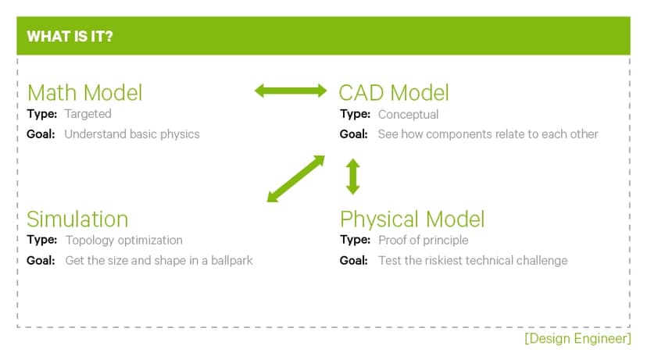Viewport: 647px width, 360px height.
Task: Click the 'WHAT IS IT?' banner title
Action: click(x=70, y=37)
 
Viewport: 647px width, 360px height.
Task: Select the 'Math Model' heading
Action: click(x=84, y=93)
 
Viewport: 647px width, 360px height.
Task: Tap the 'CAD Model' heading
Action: click(x=394, y=93)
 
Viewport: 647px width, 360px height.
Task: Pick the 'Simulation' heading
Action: click(x=77, y=219)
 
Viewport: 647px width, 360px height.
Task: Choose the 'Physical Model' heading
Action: click(x=413, y=219)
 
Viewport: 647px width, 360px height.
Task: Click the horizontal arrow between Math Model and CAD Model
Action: click(x=291, y=91)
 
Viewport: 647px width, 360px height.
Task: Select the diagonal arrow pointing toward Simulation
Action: click(x=295, y=179)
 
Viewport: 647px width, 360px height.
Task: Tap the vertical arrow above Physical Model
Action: click(x=353, y=176)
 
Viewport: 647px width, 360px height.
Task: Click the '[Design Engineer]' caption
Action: click(x=577, y=339)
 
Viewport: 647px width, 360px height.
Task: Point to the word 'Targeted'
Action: click(x=88, y=114)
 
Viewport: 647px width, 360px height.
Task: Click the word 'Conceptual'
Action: click(x=408, y=114)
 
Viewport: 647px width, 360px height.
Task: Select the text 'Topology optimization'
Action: click(x=124, y=240)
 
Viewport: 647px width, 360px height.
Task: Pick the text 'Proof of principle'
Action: click(x=423, y=240)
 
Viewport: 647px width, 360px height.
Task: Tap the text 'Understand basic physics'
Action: click(x=132, y=134)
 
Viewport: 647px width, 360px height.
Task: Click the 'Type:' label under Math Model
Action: click(x=41, y=114)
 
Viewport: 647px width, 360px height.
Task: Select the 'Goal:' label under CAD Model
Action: click(x=354, y=134)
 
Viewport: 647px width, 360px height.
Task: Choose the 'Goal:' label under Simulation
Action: click(x=41, y=260)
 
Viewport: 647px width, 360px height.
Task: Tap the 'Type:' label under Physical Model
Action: click(x=355, y=240)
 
